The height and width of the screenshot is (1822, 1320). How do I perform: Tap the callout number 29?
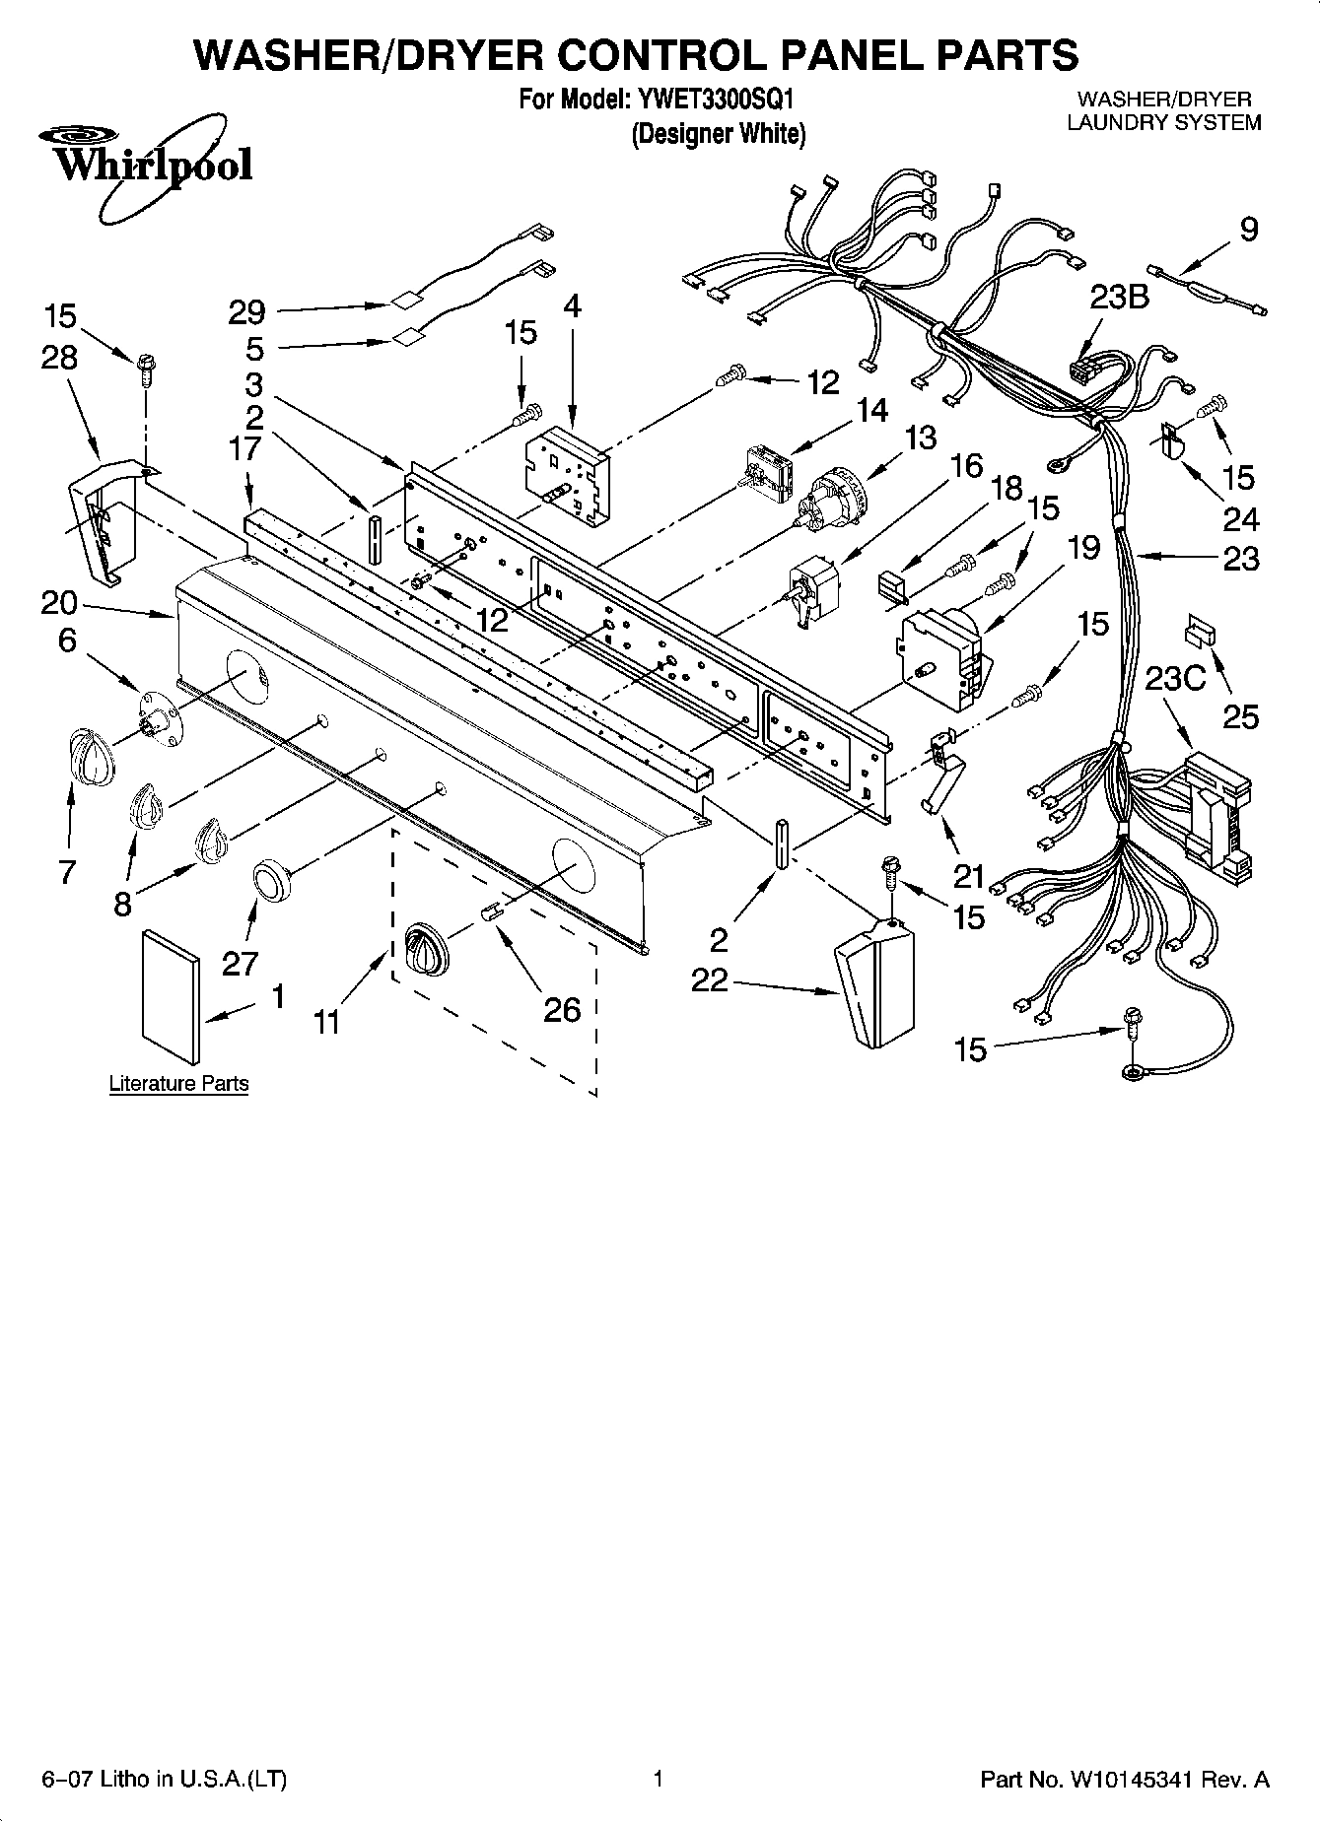246,312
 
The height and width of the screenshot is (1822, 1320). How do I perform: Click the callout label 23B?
1119,297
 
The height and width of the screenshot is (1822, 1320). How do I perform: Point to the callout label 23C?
1175,680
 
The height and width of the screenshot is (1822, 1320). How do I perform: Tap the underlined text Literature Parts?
178,1083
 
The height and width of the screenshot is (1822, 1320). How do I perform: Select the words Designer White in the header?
719,133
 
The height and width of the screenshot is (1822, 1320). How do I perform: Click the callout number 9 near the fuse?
1248,231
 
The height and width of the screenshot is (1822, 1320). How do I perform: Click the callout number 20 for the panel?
59,601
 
